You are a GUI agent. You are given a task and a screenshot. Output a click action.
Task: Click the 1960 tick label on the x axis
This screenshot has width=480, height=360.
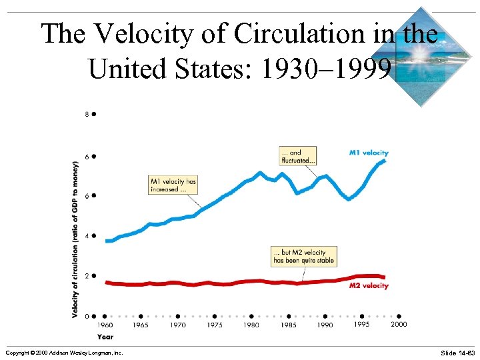(x=105, y=325)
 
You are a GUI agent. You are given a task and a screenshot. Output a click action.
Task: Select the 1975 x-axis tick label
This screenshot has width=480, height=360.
(x=215, y=325)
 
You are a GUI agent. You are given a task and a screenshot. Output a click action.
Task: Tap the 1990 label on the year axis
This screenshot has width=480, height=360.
(x=325, y=325)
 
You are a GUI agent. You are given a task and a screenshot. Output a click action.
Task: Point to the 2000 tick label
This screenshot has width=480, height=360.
(x=398, y=324)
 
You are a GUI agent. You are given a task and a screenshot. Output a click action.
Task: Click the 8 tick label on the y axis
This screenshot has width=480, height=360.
(x=87, y=114)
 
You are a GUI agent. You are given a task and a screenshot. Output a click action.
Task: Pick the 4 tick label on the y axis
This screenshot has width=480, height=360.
(x=87, y=235)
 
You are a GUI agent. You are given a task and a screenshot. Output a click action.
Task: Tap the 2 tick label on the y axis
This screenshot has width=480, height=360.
(x=87, y=275)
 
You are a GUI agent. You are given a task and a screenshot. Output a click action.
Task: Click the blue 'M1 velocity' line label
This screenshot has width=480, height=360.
(x=369, y=153)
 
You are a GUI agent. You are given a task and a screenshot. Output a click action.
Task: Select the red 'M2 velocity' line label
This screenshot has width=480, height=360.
(x=369, y=286)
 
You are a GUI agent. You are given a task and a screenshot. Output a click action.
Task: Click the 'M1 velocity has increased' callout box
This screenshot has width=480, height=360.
(x=173, y=185)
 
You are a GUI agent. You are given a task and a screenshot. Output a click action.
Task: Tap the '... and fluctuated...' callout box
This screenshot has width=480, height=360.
(x=298, y=156)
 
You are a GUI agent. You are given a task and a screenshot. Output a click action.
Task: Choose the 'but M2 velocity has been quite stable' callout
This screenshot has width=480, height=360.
(x=304, y=257)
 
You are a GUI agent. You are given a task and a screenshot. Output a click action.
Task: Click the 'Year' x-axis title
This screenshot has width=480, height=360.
(x=105, y=337)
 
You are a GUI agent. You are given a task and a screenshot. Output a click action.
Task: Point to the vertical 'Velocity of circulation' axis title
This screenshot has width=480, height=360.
(x=75, y=239)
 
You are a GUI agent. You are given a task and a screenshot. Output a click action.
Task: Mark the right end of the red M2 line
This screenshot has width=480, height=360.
(x=384, y=277)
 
